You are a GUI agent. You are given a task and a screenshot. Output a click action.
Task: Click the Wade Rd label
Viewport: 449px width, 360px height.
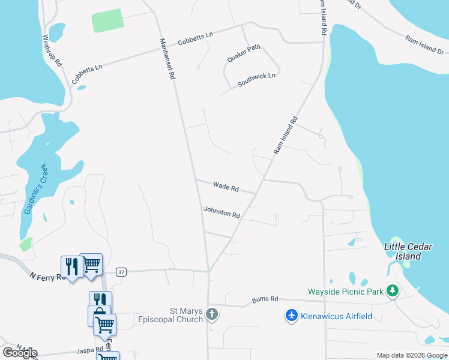(x=226, y=188)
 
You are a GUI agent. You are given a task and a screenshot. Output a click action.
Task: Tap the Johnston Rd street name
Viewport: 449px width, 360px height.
(x=221, y=211)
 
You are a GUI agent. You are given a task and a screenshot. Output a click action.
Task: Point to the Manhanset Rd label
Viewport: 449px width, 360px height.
(x=167, y=59)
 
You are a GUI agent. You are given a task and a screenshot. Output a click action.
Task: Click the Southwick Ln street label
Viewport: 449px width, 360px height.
(x=256, y=80)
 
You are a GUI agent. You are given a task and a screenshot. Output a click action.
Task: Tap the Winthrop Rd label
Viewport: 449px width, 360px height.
(x=52, y=49)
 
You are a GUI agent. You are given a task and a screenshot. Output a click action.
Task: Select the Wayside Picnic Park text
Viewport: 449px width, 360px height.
(x=345, y=292)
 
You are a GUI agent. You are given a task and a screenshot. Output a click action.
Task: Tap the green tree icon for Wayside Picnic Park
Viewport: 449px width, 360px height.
(x=393, y=291)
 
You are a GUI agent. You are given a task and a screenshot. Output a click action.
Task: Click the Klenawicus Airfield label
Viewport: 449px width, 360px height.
(x=337, y=316)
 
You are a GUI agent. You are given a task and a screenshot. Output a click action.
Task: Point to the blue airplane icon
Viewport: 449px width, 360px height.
(x=292, y=316)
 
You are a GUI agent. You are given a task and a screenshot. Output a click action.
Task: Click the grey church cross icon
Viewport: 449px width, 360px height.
(x=211, y=314)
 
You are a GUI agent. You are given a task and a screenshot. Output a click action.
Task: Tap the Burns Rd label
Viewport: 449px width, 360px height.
(x=265, y=298)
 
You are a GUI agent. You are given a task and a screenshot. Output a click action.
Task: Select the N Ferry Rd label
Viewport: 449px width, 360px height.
(x=46, y=277)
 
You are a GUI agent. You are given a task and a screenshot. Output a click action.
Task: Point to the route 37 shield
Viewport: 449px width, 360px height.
(x=121, y=272)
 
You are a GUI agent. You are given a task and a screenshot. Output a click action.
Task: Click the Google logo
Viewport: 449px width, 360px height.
(x=20, y=352)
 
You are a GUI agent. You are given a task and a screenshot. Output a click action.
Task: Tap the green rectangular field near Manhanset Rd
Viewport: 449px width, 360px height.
(x=108, y=20)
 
